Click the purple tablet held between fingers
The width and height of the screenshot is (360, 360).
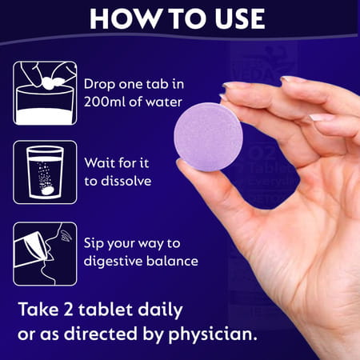(x=208, y=137)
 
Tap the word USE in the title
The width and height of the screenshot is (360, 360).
(x=240, y=18)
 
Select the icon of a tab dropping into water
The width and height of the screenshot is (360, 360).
(x=45, y=93)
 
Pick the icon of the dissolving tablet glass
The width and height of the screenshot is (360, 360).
(x=45, y=172)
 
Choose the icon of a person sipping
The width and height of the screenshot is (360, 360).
(x=45, y=254)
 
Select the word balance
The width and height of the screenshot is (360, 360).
(x=172, y=261)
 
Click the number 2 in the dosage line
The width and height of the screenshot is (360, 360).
(x=68, y=310)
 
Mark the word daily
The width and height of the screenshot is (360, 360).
(x=160, y=310)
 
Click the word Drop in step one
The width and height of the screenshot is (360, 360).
(x=99, y=85)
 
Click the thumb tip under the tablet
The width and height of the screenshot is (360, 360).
(x=184, y=166)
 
